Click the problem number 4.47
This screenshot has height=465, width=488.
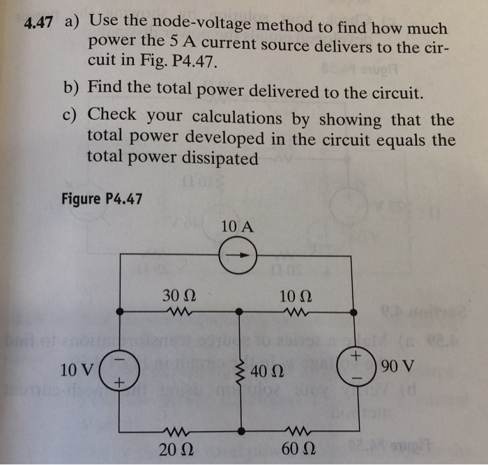38,22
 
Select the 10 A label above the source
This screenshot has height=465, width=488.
237,227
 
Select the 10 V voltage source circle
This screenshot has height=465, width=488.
121,369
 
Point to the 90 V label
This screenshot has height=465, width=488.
398,365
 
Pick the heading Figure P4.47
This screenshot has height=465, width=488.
102,199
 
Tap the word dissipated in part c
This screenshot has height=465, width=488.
221,158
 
